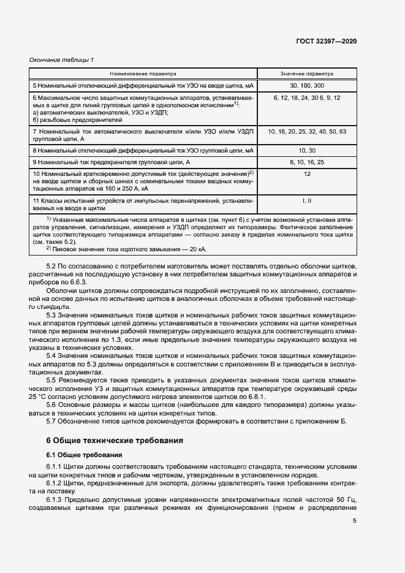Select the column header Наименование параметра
pos(143,73)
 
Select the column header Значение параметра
pos(307,73)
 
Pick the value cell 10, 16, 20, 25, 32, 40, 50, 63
pos(307,132)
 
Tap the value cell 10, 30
pos(307,150)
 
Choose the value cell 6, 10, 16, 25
pos(307,162)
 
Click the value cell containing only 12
pos(307,175)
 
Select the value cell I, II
pos(307,200)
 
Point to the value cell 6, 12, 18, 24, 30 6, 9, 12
pos(307,97)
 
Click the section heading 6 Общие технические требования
pos(113,440)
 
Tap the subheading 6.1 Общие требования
pos(84,455)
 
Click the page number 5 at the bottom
pos(354,521)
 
